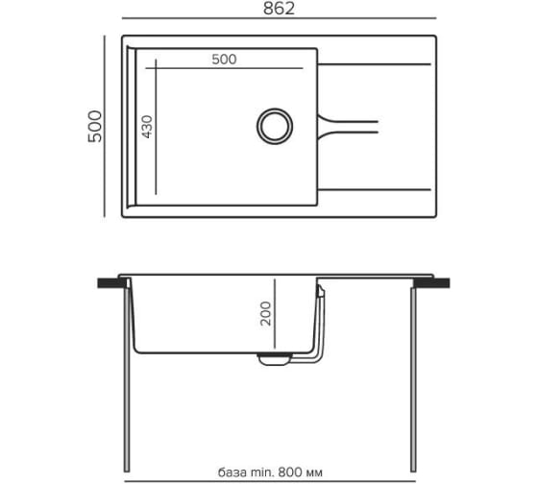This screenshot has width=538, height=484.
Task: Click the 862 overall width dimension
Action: click(x=279, y=9)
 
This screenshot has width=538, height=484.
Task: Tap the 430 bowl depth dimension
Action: click(x=147, y=127)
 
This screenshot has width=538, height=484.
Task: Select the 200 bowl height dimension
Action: click(x=265, y=313)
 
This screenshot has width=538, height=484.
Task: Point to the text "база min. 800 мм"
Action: click(x=270, y=472)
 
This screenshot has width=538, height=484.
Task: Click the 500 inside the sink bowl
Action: click(x=224, y=60)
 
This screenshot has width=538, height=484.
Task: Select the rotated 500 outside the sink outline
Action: click(x=95, y=126)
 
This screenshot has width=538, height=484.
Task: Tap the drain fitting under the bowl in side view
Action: click(x=274, y=359)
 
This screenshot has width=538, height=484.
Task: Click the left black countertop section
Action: click(x=111, y=283)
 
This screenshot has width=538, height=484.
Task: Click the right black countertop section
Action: click(x=433, y=283)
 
